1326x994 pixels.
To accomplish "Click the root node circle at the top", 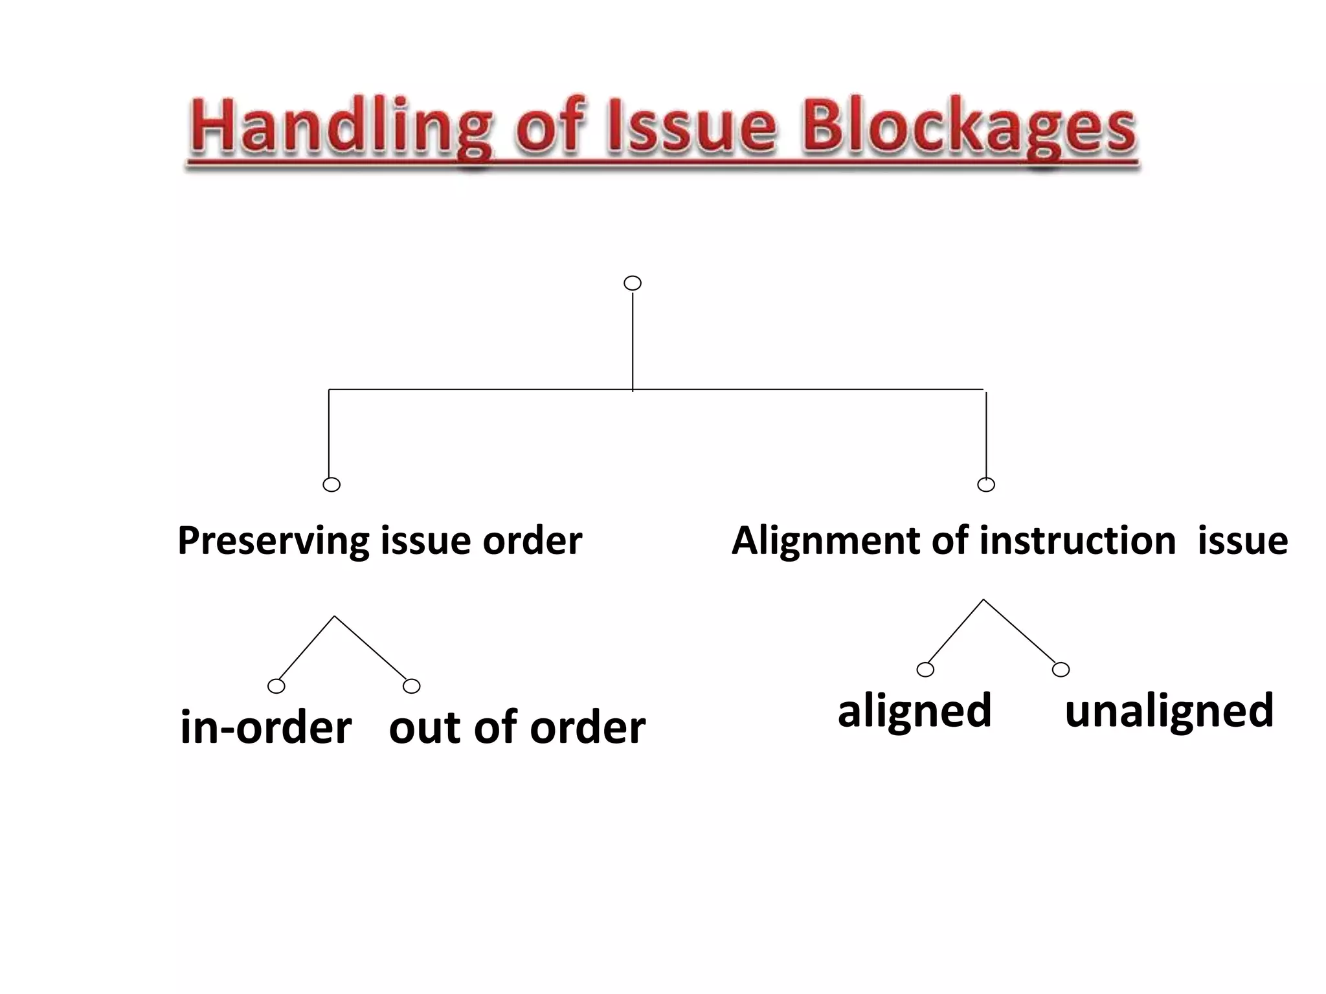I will point(633,283).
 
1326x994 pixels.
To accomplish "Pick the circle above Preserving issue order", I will point(331,485).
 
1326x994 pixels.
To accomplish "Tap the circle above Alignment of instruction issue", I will point(986,485).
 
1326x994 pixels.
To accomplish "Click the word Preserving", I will point(273,541).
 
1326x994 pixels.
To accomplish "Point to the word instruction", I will point(1077,541).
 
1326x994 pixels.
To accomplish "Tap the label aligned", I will point(914,711).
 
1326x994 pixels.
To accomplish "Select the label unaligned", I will point(1169,711).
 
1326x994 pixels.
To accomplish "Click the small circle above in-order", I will point(276,686).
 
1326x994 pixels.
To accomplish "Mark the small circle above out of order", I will point(412,686).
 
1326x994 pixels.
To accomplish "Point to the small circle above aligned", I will point(926,670).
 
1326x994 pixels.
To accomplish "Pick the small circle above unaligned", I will point(1061,670).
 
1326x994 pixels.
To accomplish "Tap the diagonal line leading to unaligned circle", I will point(1020,631).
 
